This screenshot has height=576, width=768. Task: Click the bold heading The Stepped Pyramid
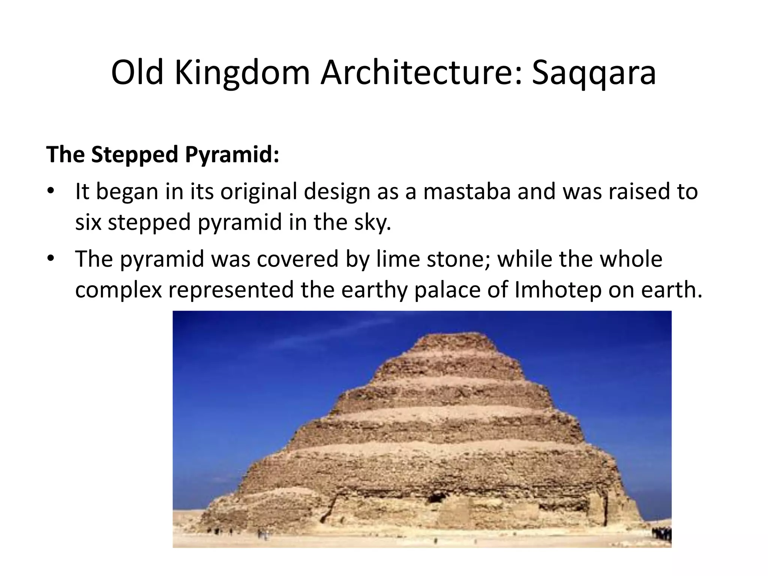pos(163,154)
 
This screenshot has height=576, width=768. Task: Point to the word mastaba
pos(467,191)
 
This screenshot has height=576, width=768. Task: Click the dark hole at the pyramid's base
pos(435,499)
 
